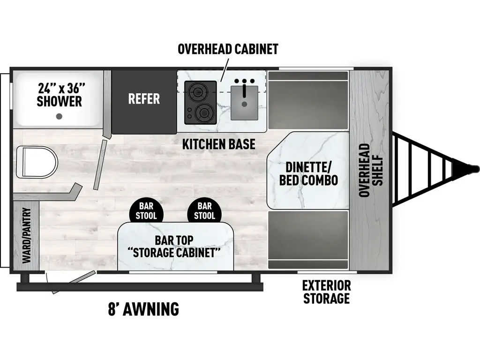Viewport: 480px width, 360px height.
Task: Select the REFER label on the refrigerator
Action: coord(144,99)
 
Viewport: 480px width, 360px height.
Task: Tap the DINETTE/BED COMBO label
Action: coord(308,173)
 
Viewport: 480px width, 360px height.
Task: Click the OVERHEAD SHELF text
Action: coord(371,170)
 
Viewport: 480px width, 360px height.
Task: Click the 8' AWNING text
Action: coord(143,309)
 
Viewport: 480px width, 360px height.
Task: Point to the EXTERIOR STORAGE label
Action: coord(326,292)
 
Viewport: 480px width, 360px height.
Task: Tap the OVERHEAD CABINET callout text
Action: coord(228,49)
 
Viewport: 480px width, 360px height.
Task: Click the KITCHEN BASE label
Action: coord(219,144)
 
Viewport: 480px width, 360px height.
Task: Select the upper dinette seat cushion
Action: coord(308,101)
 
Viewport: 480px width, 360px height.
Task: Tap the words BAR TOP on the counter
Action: coord(174,240)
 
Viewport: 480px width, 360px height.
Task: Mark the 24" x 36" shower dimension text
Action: coord(61,87)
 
